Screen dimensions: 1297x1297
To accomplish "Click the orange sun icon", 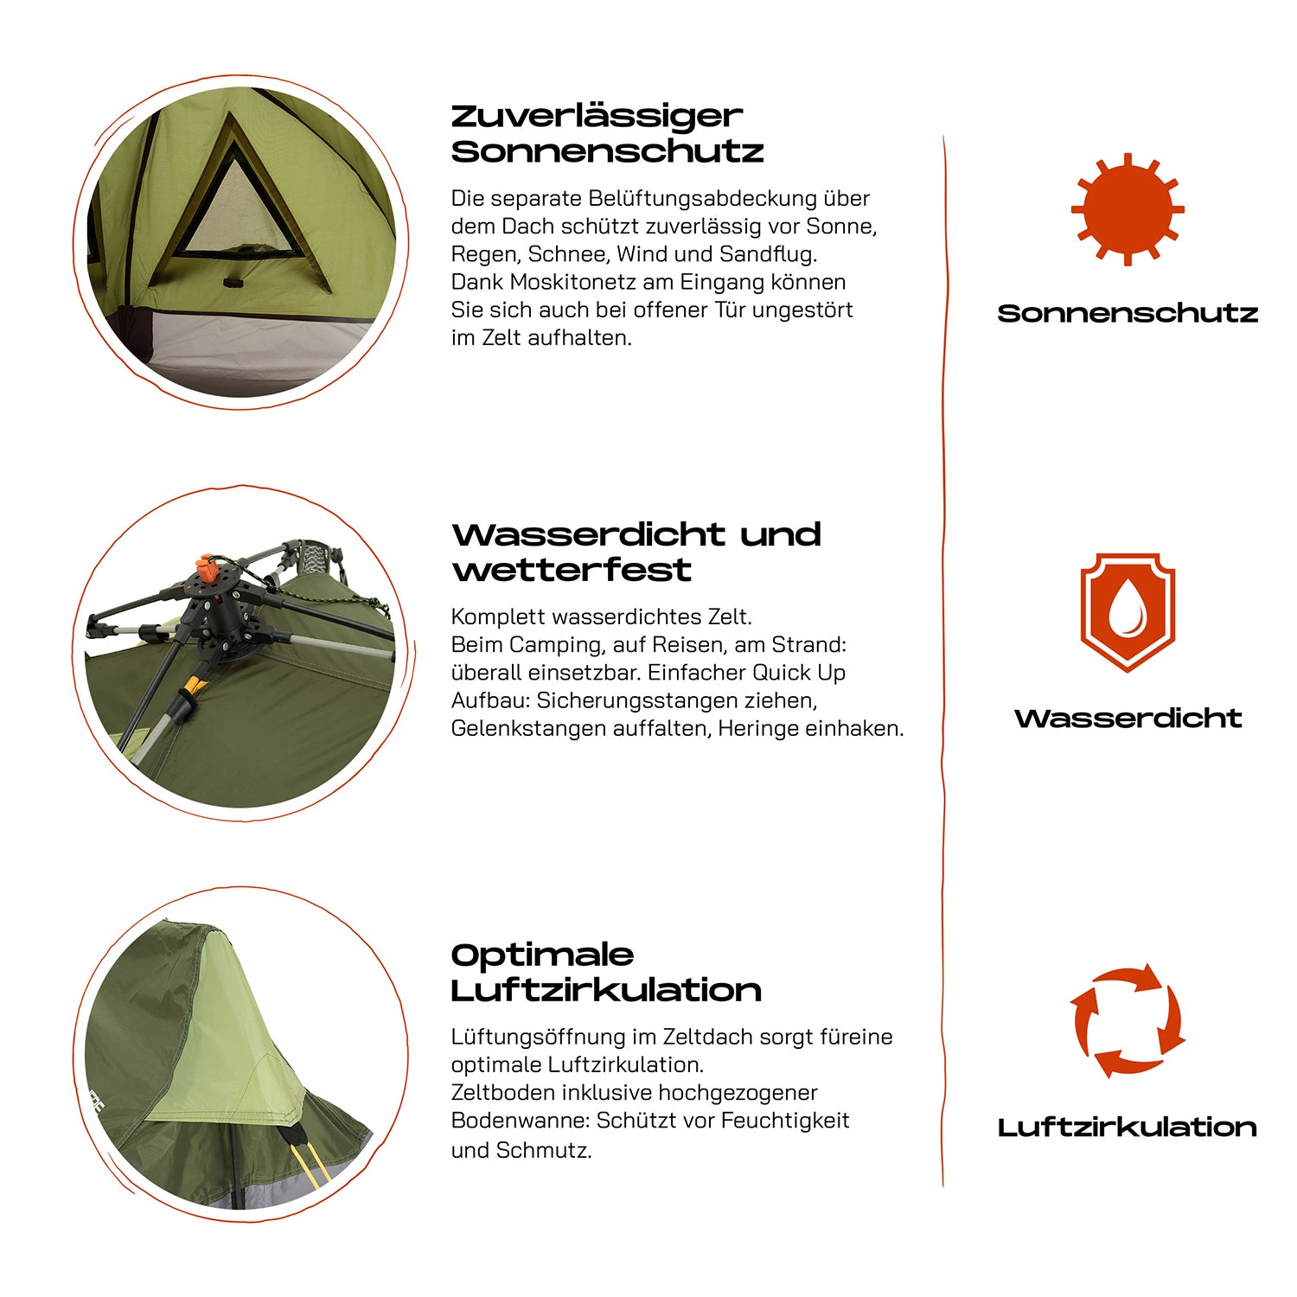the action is [x=1128, y=209].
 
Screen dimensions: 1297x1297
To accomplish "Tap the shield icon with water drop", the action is [x=1128, y=612].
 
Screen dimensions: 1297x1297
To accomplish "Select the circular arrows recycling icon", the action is [x=1128, y=1020].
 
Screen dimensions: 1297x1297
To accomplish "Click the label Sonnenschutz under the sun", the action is [x=1128, y=313].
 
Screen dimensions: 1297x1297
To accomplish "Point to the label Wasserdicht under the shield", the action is [x=1128, y=718].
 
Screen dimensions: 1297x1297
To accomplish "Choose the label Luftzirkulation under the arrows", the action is [x=1128, y=1127].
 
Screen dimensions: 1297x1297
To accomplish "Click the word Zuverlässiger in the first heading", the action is [x=597, y=117].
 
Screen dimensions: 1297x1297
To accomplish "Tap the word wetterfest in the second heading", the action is [x=572, y=570].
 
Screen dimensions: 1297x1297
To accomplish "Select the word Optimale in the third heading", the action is [x=542, y=955].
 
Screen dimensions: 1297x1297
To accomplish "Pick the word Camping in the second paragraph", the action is [x=558, y=645].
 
